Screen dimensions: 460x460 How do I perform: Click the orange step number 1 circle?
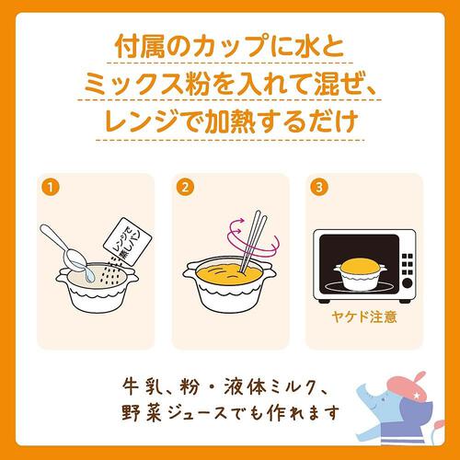tap(50, 187)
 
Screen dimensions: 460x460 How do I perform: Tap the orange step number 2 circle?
tap(186, 187)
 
